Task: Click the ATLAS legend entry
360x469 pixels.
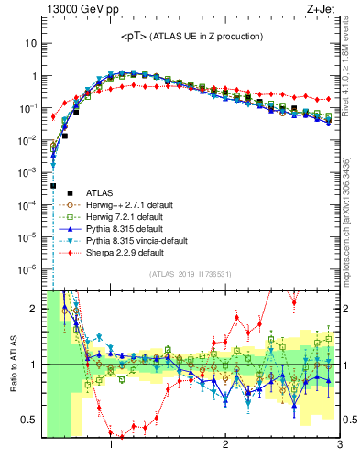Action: (99, 192)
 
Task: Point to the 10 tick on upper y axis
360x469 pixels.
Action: (31, 43)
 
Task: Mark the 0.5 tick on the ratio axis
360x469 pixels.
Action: (29, 420)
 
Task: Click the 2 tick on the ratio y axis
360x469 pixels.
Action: (33, 309)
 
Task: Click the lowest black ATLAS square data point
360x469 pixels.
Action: (53, 185)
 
